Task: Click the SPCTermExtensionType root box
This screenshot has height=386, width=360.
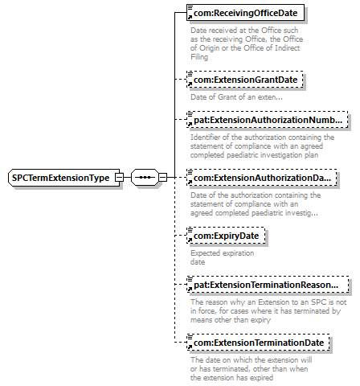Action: [x=64, y=178]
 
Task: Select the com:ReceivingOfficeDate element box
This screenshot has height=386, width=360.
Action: [x=245, y=13]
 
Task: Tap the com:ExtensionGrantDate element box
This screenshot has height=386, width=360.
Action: [x=245, y=80]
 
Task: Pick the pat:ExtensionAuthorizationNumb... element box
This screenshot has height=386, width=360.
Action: [x=268, y=120]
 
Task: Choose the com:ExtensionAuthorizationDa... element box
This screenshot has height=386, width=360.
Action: [x=262, y=178]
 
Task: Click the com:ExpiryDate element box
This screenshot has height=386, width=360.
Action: [x=226, y=236]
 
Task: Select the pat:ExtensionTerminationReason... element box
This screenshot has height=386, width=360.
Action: [x=268, y=285]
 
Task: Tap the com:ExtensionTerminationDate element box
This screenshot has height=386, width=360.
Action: [x=258, y=343]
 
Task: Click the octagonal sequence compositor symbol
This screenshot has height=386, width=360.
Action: [x=145, y=178]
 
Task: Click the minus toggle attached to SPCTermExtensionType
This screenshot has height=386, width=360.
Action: [x=119, y=178]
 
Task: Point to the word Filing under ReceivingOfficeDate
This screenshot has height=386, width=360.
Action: [x=199, y=57]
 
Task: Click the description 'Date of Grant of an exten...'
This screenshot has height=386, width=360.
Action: [x=236, y=97]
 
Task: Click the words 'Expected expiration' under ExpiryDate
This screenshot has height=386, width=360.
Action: [x=223, y=253]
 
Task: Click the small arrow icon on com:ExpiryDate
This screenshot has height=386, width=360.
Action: [x=190, y=240]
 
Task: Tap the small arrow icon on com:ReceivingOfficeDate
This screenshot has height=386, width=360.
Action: [x=190, y=17]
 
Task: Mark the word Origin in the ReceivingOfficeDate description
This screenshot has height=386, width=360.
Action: [x=209, y=48]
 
